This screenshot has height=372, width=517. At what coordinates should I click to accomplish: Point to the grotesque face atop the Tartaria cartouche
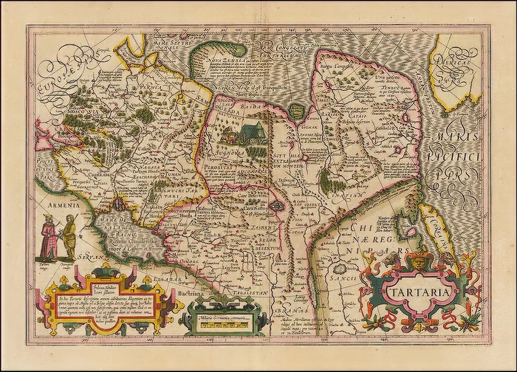[420, 261]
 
